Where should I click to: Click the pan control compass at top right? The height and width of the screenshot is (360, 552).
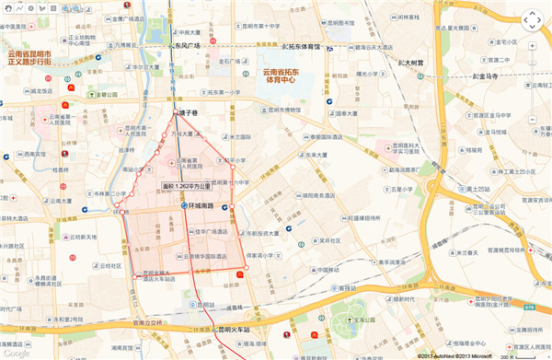(x=531, y=20)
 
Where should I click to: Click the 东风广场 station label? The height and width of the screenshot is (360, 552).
(x=190, y=44)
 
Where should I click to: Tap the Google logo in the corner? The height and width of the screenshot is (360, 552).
(x=16, y=353)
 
